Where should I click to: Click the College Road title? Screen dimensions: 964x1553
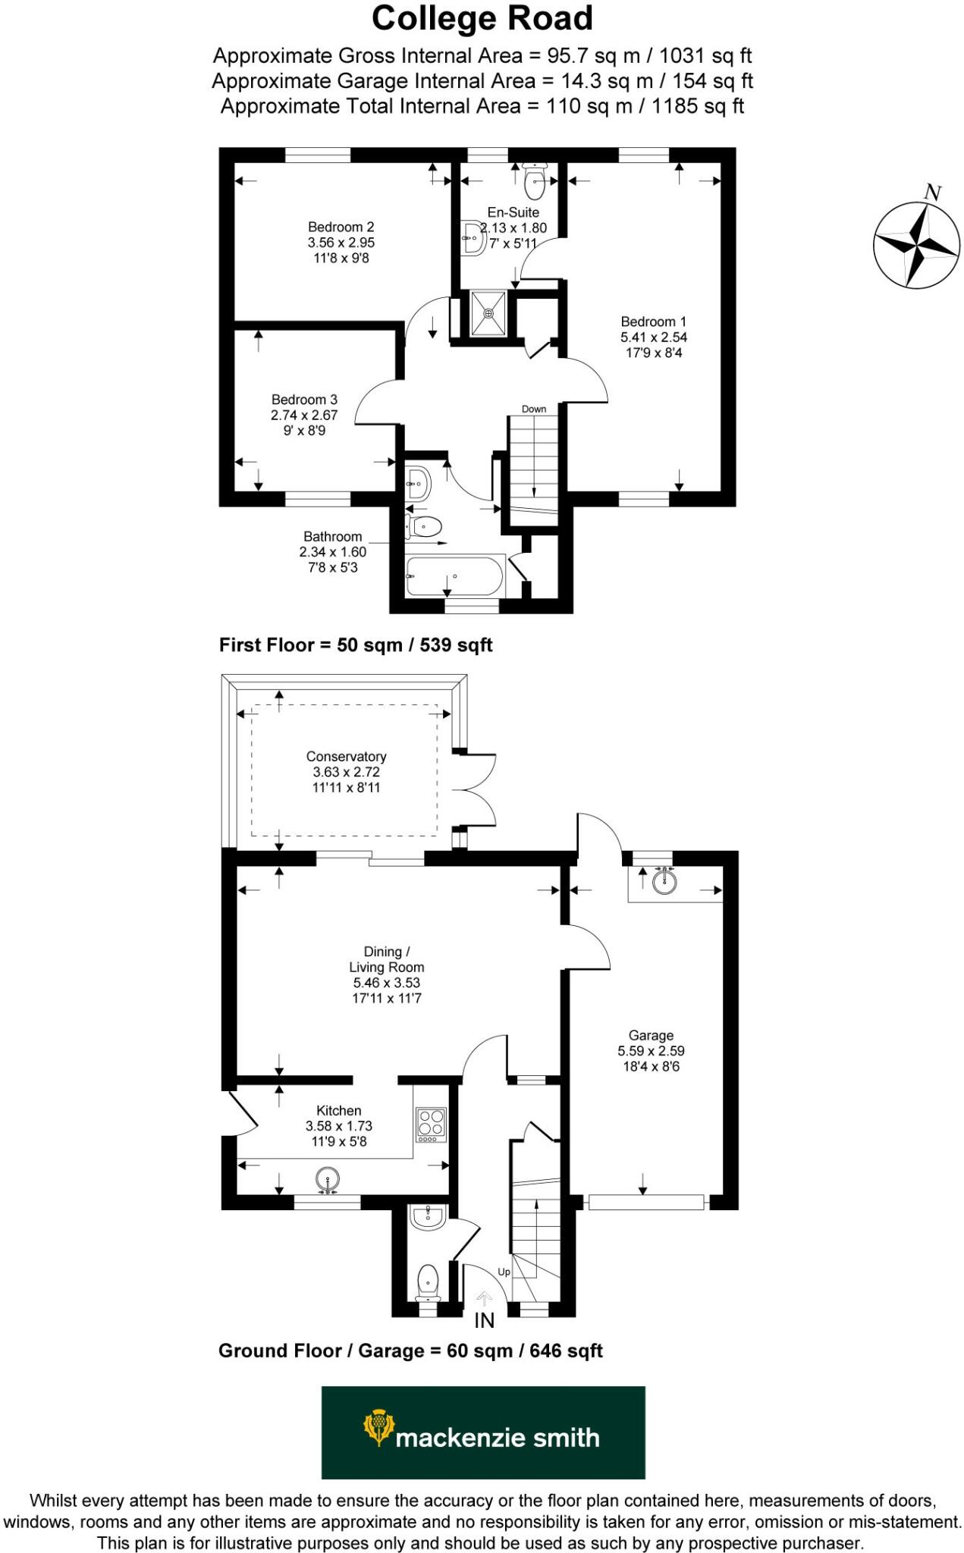pos(482,19)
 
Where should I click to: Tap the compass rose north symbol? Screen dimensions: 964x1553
pos(918,244)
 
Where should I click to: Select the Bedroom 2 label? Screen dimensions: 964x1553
pos(341,227)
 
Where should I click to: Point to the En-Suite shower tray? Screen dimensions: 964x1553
pos(488,313)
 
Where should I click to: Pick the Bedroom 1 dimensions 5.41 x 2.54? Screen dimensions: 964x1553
pos(654,337)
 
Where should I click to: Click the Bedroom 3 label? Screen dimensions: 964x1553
pos(304,400)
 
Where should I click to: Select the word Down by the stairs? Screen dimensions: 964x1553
pos(534,409)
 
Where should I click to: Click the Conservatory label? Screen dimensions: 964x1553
pos(346,756)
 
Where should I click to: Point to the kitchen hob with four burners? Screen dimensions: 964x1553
pos(432,1125)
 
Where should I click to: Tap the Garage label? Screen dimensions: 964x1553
pos(651,1035)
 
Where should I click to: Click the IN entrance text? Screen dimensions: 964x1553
pos(485,1320)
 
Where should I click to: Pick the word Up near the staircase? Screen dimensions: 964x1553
pos(504,1272)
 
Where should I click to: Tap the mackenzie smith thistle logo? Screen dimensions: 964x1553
pos(378,1426)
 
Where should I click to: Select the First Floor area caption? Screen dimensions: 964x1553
pos(356,645)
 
